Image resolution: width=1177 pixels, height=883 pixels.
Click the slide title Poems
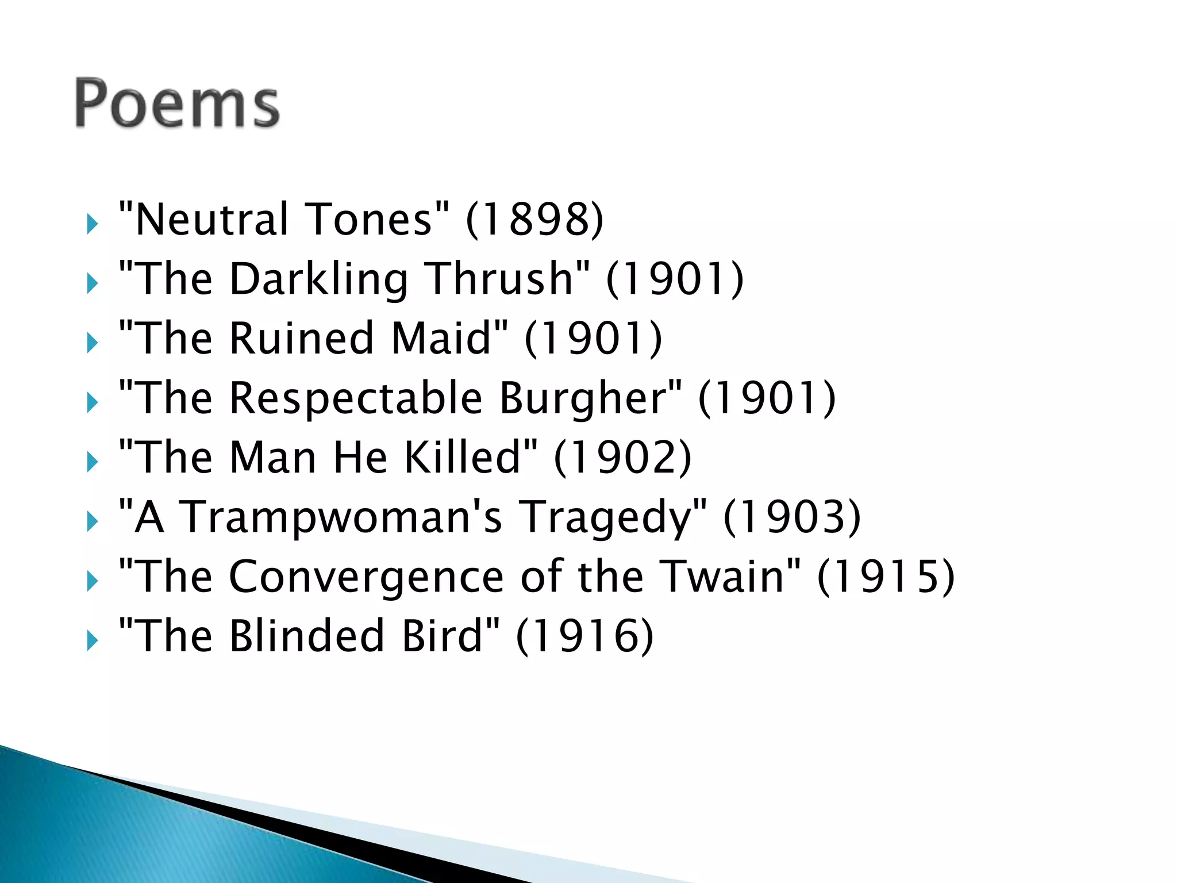click(x=177, y=103)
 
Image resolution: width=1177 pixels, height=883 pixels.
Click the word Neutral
click(x=211, y=220)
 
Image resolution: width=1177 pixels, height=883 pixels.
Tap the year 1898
click(x=534, y=220)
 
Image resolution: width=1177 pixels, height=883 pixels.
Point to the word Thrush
click(x=500, y=279)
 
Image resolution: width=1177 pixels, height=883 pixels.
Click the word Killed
click(x=463, y=458)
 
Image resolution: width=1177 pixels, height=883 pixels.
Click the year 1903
click(x=792, y=517)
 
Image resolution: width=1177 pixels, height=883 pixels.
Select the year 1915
click(x=886, y=577)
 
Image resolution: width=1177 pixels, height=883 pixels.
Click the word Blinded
click(x=306, y=636)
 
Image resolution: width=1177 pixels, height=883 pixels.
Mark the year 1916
click(x=584, y=636)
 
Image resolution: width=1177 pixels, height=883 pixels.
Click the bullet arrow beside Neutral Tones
click(x=92, y=224)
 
